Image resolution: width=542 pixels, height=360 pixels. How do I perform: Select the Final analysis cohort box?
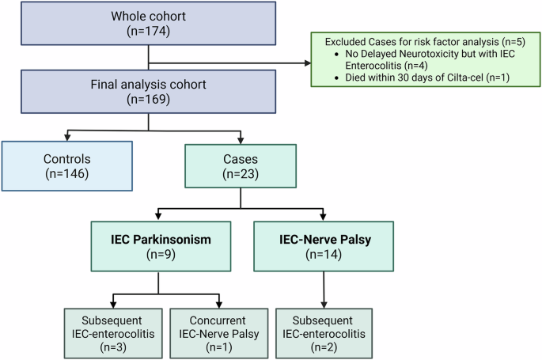tap(148, 94)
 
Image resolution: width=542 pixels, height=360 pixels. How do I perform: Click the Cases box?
tap(241, 165)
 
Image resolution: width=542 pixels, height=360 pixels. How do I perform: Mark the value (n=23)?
tap(241, 173)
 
